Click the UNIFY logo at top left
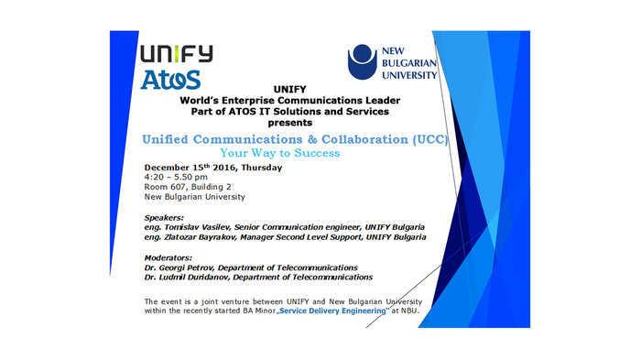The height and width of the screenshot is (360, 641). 177,52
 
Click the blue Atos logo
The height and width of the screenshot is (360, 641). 171,80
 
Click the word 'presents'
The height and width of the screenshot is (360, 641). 291,122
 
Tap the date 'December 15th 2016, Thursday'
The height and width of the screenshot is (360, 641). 212,168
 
